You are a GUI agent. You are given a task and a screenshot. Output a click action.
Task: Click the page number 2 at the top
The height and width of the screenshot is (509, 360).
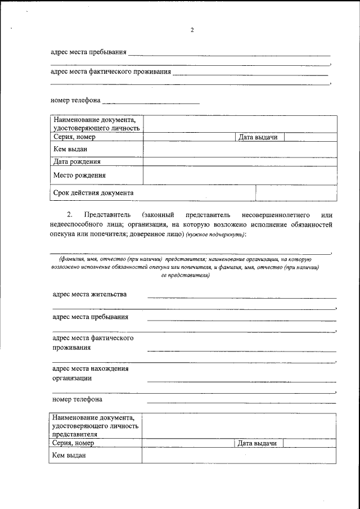point(192,30)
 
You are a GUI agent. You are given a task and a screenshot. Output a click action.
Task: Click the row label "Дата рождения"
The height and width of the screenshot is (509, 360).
point(81,161)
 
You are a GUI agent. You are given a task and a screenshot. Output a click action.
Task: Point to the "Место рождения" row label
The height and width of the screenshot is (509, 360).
point(80,175)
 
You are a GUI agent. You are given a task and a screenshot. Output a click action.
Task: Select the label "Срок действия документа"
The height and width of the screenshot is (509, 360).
point(93,192)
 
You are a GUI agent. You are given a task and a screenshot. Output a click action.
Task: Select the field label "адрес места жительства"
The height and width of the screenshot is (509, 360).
point(89,294)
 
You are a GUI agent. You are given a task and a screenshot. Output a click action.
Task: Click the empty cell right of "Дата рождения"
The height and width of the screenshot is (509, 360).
point(240,161)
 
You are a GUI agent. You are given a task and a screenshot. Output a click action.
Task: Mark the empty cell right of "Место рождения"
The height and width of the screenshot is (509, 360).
point(240,175)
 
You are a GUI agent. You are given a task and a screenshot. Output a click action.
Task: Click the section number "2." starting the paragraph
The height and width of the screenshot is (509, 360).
point(70,215)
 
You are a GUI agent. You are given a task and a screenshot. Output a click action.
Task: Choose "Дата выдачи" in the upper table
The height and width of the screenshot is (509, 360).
point(258,137)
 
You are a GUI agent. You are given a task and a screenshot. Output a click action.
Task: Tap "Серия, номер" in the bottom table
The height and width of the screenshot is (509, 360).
point(72,443)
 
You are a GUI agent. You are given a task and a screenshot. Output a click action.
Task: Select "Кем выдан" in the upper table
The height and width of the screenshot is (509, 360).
point(70,148)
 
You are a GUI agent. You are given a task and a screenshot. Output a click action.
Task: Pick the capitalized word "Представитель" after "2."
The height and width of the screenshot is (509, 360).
point(107,215)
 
